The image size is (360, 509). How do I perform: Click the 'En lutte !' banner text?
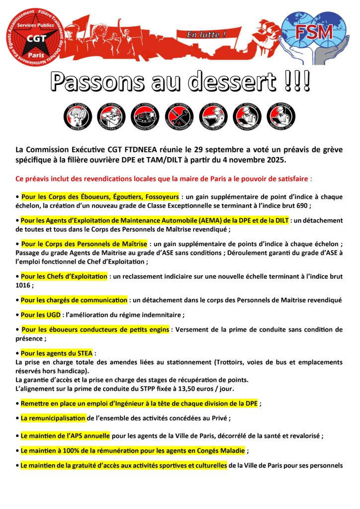click(x=206, y=35)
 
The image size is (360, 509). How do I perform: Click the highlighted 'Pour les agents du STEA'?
click(x=57, y=353)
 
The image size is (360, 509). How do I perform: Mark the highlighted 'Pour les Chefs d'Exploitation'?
click(x=64, y=276)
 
